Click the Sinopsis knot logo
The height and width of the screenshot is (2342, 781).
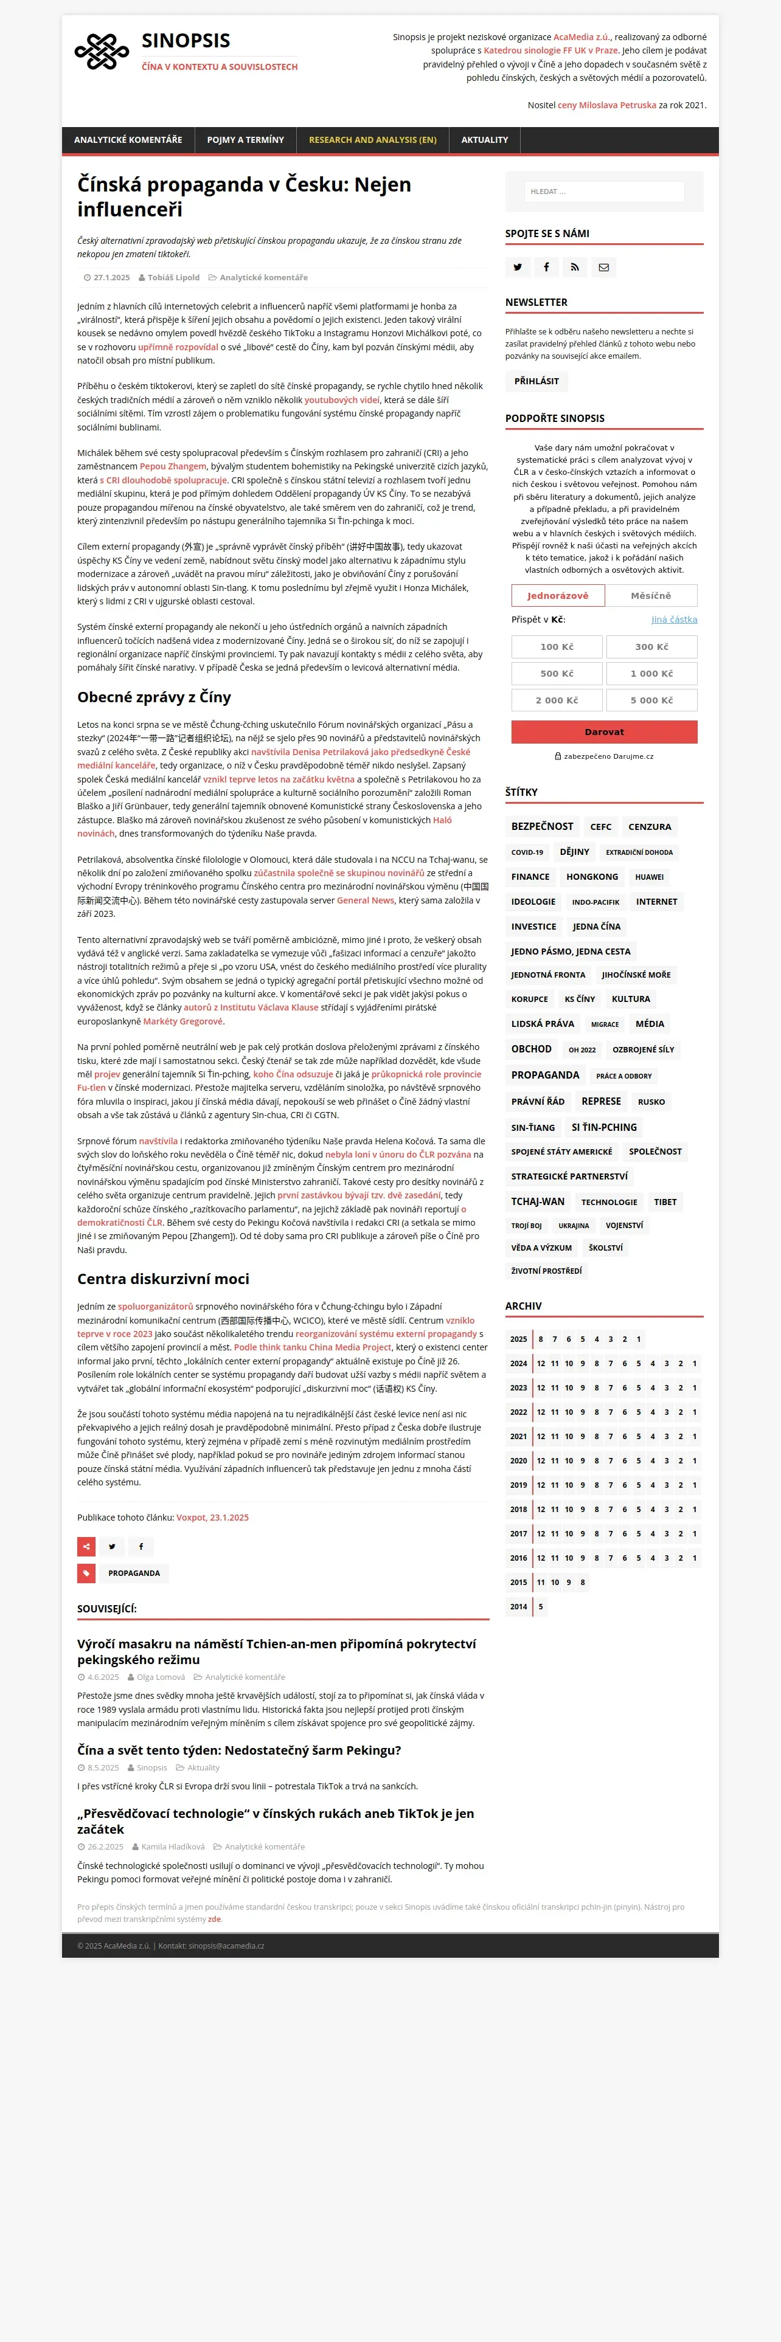[x=102, y=52]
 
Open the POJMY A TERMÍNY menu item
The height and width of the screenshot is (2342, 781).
[x=246, y=140]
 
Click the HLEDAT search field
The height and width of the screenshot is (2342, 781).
[x=604, y=192]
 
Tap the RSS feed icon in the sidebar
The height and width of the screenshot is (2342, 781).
[x=575, y=268]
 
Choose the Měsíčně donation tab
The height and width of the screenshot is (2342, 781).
[x=651, y=595]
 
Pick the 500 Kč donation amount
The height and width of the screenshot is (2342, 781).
[x=557, y=674]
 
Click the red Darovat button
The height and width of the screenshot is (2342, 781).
[x=604, y=732]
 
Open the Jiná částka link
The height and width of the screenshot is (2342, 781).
[x=674, y=619]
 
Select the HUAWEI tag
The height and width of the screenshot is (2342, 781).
[x=649, y=877]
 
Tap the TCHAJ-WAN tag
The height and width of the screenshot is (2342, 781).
[x=537, y=1202]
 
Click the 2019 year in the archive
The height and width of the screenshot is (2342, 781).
[x=518, y=1485]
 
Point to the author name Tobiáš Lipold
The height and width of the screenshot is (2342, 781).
[x=173, y=277]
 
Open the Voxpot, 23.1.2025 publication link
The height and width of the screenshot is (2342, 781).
[x=212, y=1518]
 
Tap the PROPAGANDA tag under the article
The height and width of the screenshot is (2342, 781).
[x=134, y=1573]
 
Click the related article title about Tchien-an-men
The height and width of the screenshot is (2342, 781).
[x=276, y=1651]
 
